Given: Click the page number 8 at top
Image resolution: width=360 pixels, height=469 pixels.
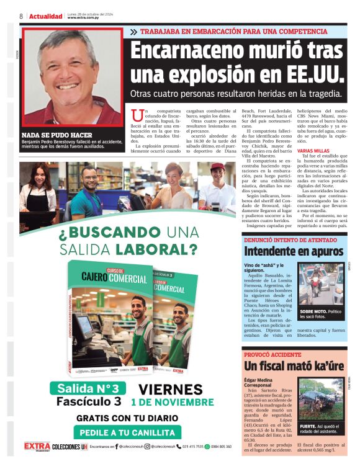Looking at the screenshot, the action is coord(21,16).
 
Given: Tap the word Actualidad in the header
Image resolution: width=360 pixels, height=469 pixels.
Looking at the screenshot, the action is coord(45,16).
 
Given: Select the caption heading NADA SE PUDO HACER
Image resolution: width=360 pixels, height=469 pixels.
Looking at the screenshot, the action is coord(56,135).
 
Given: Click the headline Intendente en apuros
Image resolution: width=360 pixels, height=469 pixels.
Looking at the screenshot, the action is coord(293,251).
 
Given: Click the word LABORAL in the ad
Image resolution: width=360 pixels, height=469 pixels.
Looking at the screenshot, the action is coord(154,249).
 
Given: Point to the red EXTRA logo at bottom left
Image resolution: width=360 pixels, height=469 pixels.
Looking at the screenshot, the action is coord(36,446).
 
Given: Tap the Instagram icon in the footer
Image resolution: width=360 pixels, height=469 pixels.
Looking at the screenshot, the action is coord(147,446).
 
